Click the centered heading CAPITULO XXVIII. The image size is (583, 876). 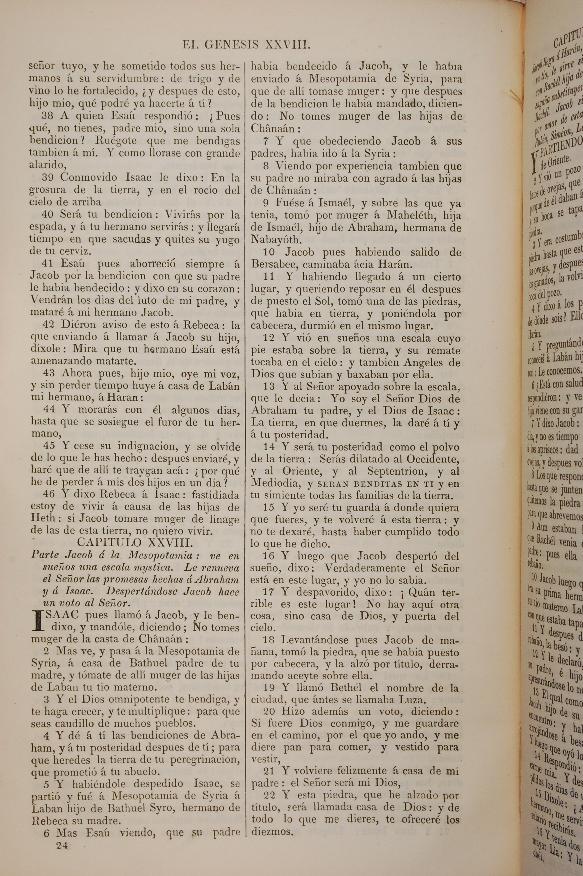[135, 543]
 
